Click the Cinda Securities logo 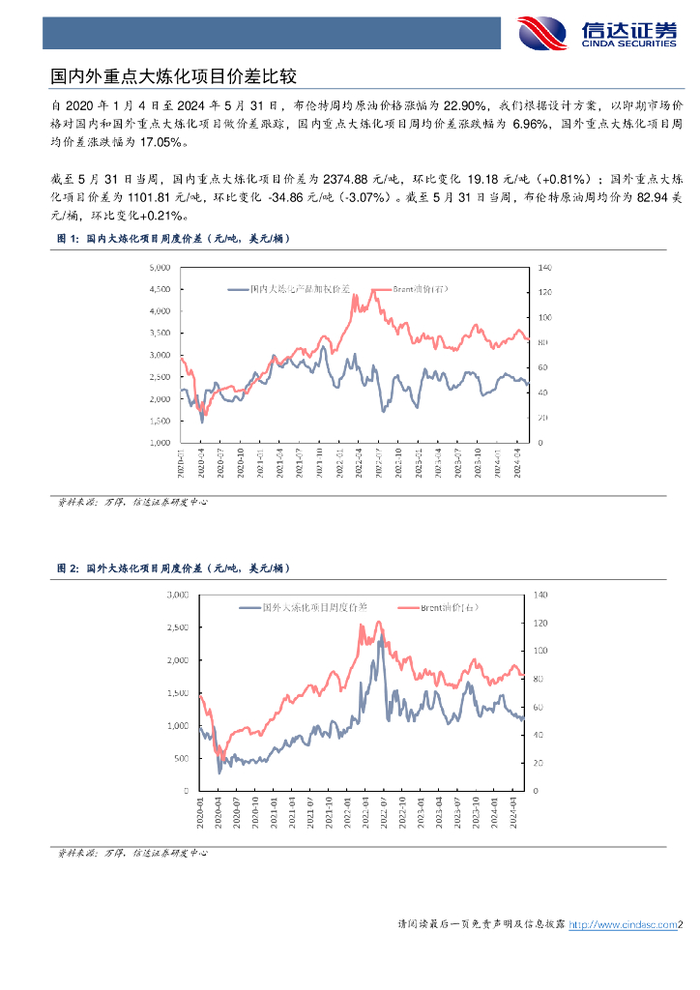[597, 33]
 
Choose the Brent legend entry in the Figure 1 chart [414, 288]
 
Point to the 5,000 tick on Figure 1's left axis [160, 267]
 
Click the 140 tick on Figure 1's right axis [543, 267]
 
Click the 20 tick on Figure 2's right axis [538, 763]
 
